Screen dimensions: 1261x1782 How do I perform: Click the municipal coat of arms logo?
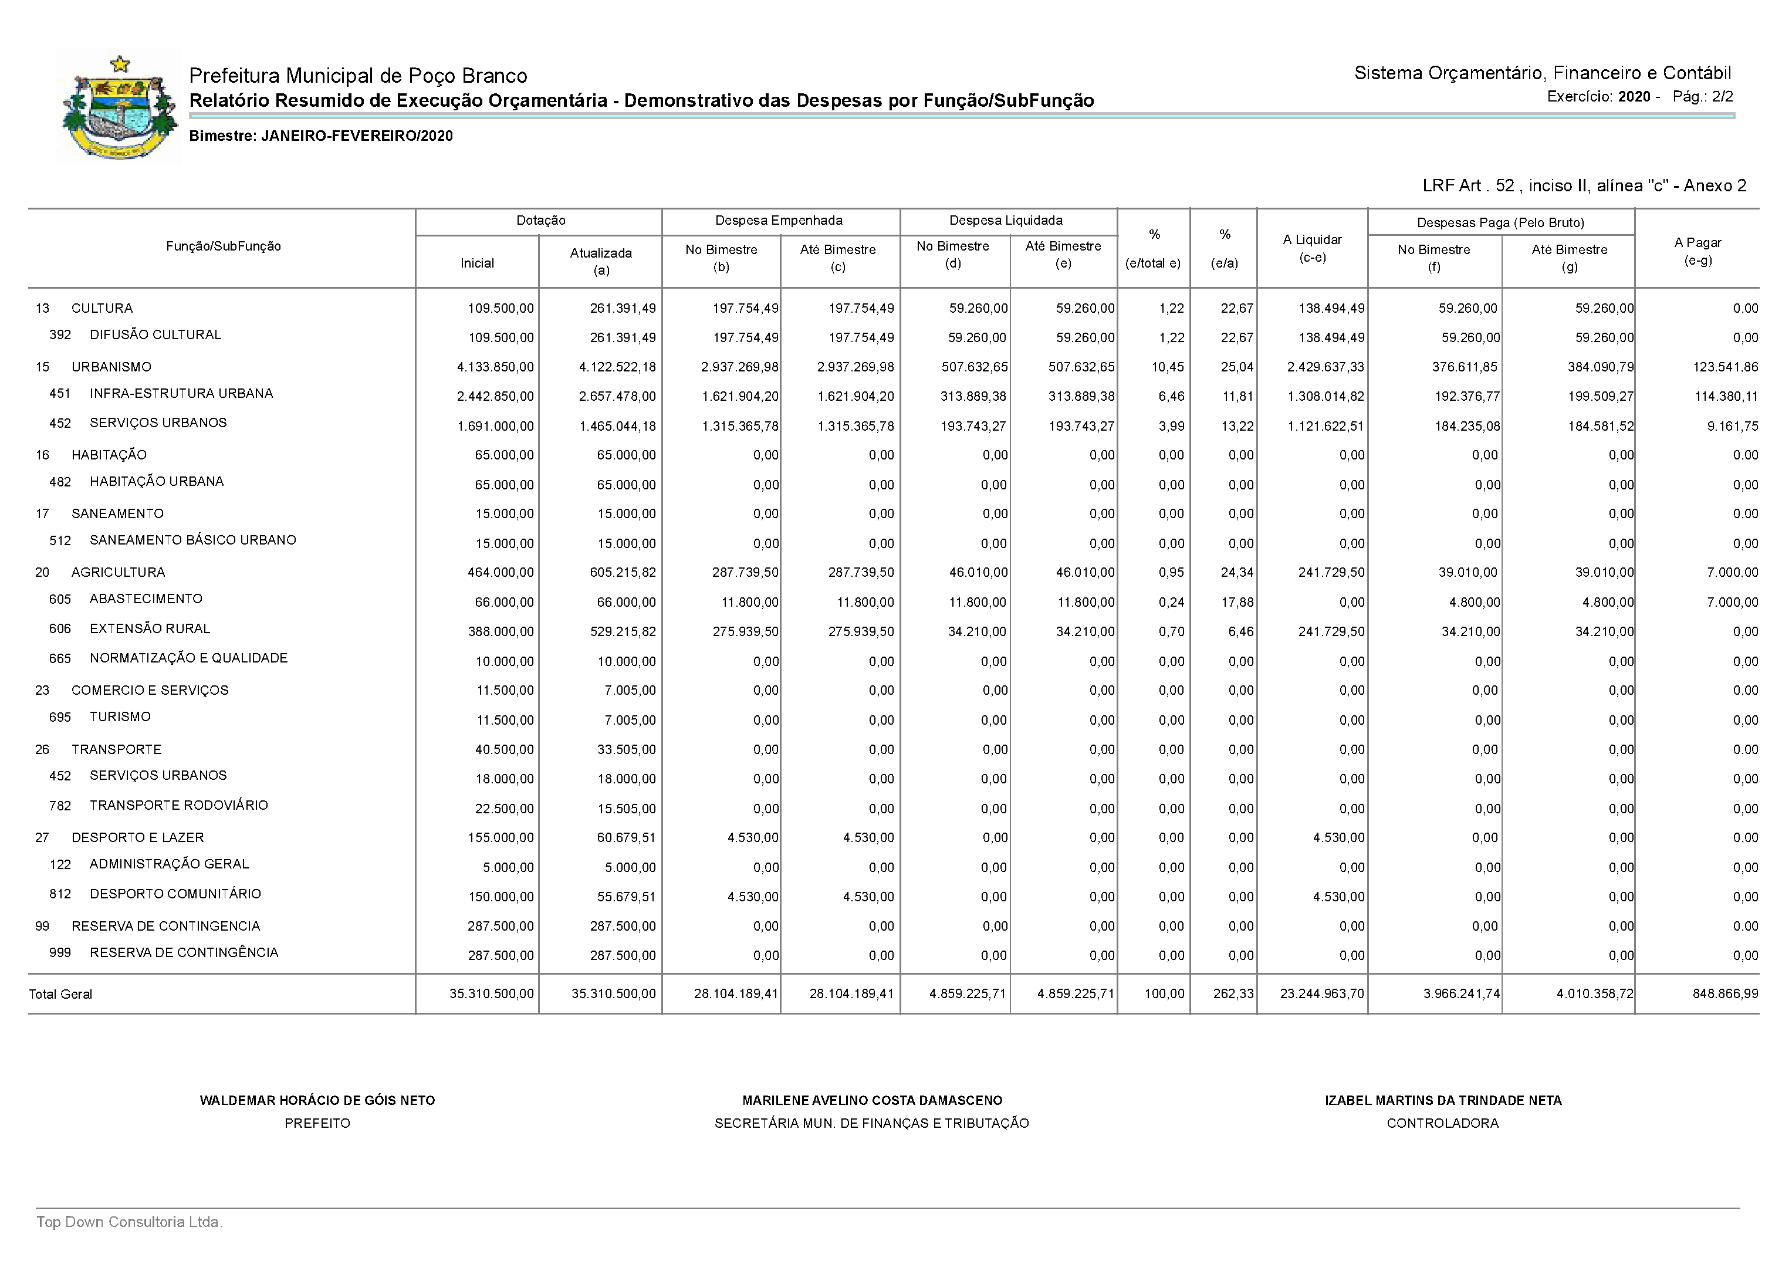tap(119, 107)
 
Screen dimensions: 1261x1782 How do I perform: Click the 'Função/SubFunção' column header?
tap(224, 246)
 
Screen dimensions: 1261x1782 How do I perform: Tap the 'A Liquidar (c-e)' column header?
tap(1312, 248)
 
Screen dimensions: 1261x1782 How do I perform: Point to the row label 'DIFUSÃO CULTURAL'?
tap(155, 334)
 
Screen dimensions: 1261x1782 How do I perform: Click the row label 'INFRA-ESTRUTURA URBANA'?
tap(181, 394)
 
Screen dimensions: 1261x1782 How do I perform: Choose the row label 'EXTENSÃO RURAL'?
tap(150, 629)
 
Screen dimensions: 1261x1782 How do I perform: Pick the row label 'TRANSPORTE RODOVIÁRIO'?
tap(178, 805)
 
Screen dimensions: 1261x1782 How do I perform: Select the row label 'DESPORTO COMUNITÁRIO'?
tap(175, 894)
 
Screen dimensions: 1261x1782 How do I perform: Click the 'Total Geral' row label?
tap(60, 994)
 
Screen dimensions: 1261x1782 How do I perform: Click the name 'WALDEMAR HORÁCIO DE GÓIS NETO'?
tap(317, 1100)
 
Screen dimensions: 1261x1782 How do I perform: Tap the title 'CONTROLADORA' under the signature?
tap(1443, 1124)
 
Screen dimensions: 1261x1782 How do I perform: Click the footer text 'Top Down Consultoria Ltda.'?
tap(130, 1222)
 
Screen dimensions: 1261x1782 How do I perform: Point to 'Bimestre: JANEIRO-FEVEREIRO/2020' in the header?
tap(321, 136)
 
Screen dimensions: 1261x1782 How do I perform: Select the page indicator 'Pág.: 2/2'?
tap(1703, 97)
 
